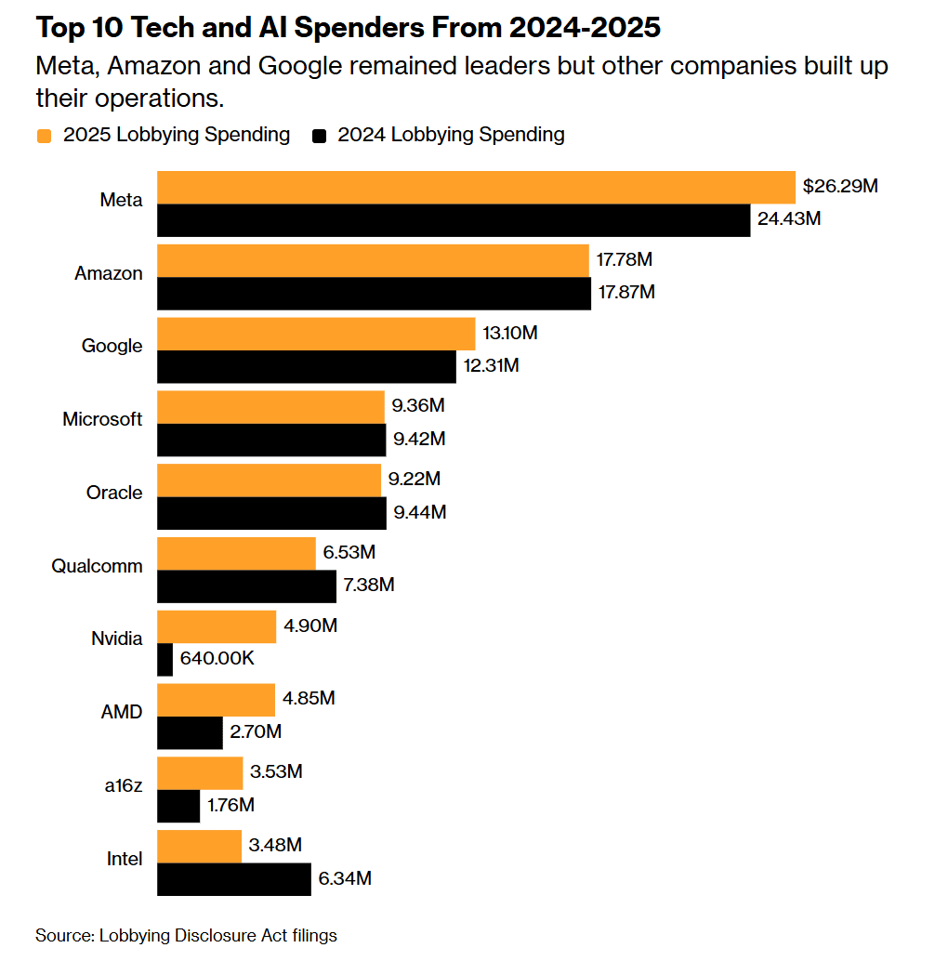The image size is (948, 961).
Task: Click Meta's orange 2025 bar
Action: coord(476,187)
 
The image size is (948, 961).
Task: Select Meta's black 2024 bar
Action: coord(454,220)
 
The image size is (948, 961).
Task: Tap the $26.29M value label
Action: coord(840,186)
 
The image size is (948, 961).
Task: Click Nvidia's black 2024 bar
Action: coord(165,660)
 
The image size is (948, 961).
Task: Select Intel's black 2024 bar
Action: coord(234,879)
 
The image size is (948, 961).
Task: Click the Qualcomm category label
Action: coord(98,566)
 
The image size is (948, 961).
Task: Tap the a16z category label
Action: coord(123,785)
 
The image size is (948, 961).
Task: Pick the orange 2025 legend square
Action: coord(44,136)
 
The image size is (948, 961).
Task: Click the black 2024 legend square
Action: coord(320,136)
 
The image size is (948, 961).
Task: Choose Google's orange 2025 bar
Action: coord(316,334)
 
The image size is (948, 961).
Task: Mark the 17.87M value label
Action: coord(626,292)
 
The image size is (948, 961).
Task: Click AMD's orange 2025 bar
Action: coord(217,699)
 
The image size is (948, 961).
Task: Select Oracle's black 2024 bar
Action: coord(271,513)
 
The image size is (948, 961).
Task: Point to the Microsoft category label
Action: coord(102,419)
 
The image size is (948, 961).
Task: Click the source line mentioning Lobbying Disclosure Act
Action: coord(186,935)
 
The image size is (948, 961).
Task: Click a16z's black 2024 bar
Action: coord(178,806)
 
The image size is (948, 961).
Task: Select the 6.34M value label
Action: coord(345,878)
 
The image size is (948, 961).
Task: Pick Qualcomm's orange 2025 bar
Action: coord(236,553)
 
